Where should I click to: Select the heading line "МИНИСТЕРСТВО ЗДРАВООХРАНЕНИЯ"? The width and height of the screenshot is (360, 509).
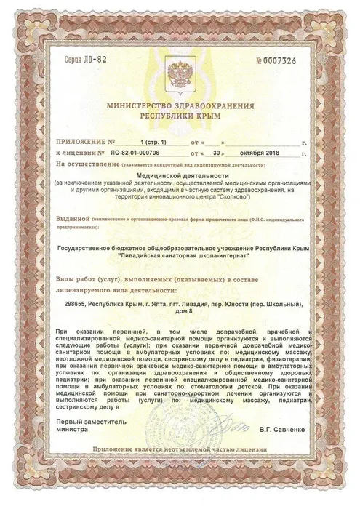[180, 105]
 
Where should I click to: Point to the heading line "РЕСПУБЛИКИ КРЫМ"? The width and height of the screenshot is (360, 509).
[180, 116]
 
